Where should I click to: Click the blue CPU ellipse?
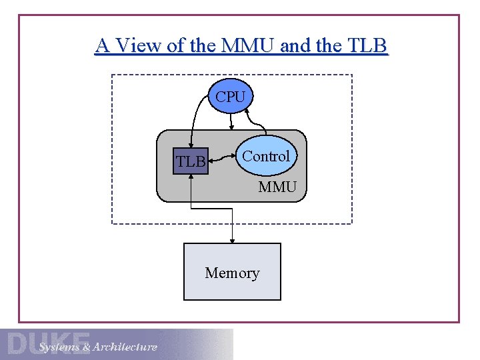[x=231, y=97]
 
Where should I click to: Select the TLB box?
[x=191, y=161]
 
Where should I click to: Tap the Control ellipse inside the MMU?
[x=266, y=157]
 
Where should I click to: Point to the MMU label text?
[x=277, y=187]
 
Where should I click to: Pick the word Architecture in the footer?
[x=125, y=347]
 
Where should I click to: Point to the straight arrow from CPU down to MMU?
[x=231, y=122]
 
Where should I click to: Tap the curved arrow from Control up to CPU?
[x=257, y=120]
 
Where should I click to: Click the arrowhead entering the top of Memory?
[x=232, y=239]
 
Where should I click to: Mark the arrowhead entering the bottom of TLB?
[x=191, y=178]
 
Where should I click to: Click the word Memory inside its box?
[x=232, y=273]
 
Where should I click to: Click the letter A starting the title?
[x=102, y=46]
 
